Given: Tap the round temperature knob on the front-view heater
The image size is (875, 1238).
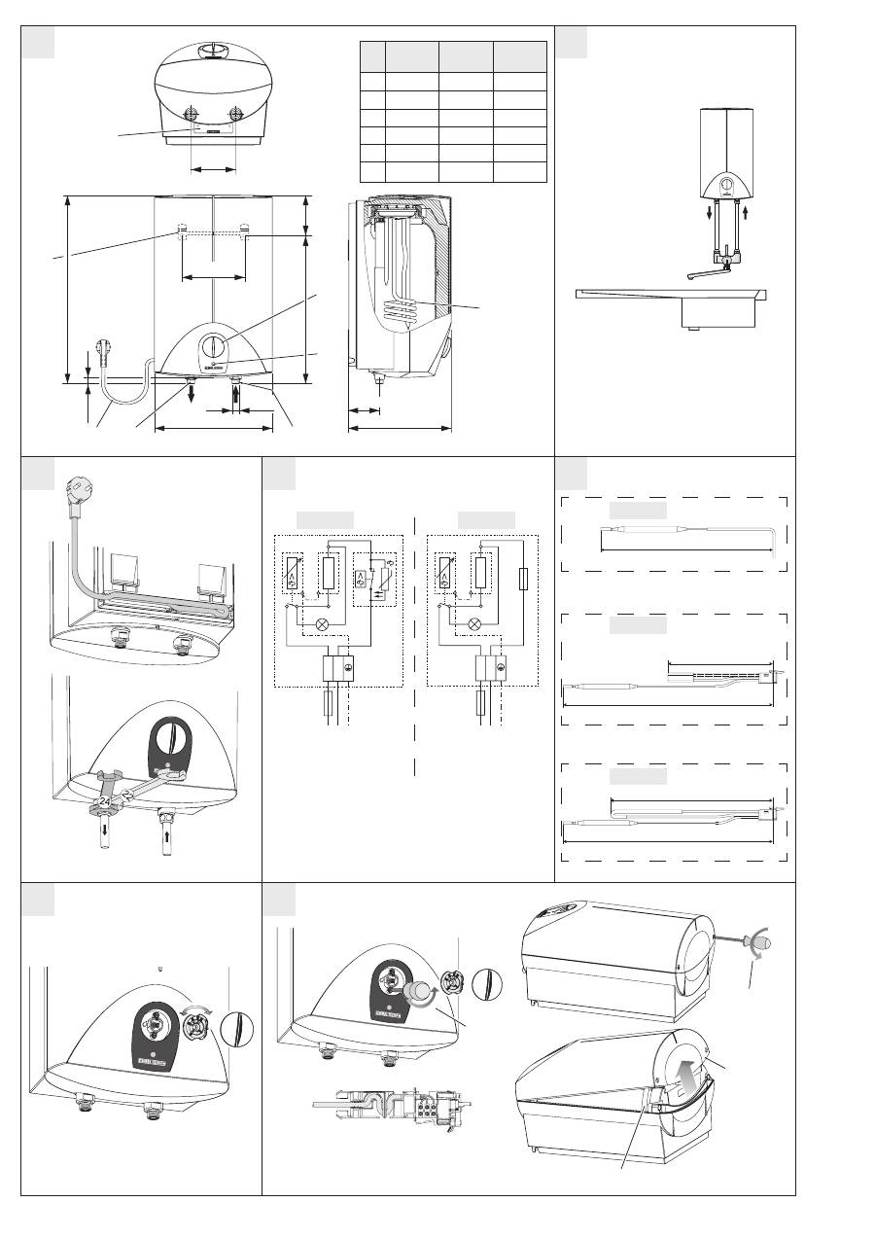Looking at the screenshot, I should click(214, 346).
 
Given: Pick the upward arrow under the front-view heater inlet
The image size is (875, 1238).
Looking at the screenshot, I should click(235, 393).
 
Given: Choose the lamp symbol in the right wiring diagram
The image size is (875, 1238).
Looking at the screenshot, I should click(473, 623).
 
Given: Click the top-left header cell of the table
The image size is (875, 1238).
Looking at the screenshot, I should click(372, 56).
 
